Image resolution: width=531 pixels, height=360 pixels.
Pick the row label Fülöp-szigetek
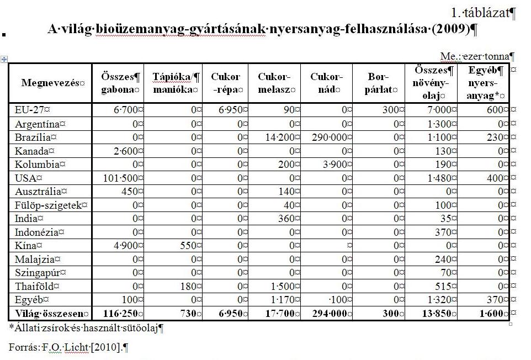49,204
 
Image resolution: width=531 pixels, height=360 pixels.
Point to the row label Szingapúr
36,273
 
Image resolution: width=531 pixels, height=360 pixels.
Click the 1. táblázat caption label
482,13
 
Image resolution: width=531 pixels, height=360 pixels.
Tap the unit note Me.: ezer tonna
477,56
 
